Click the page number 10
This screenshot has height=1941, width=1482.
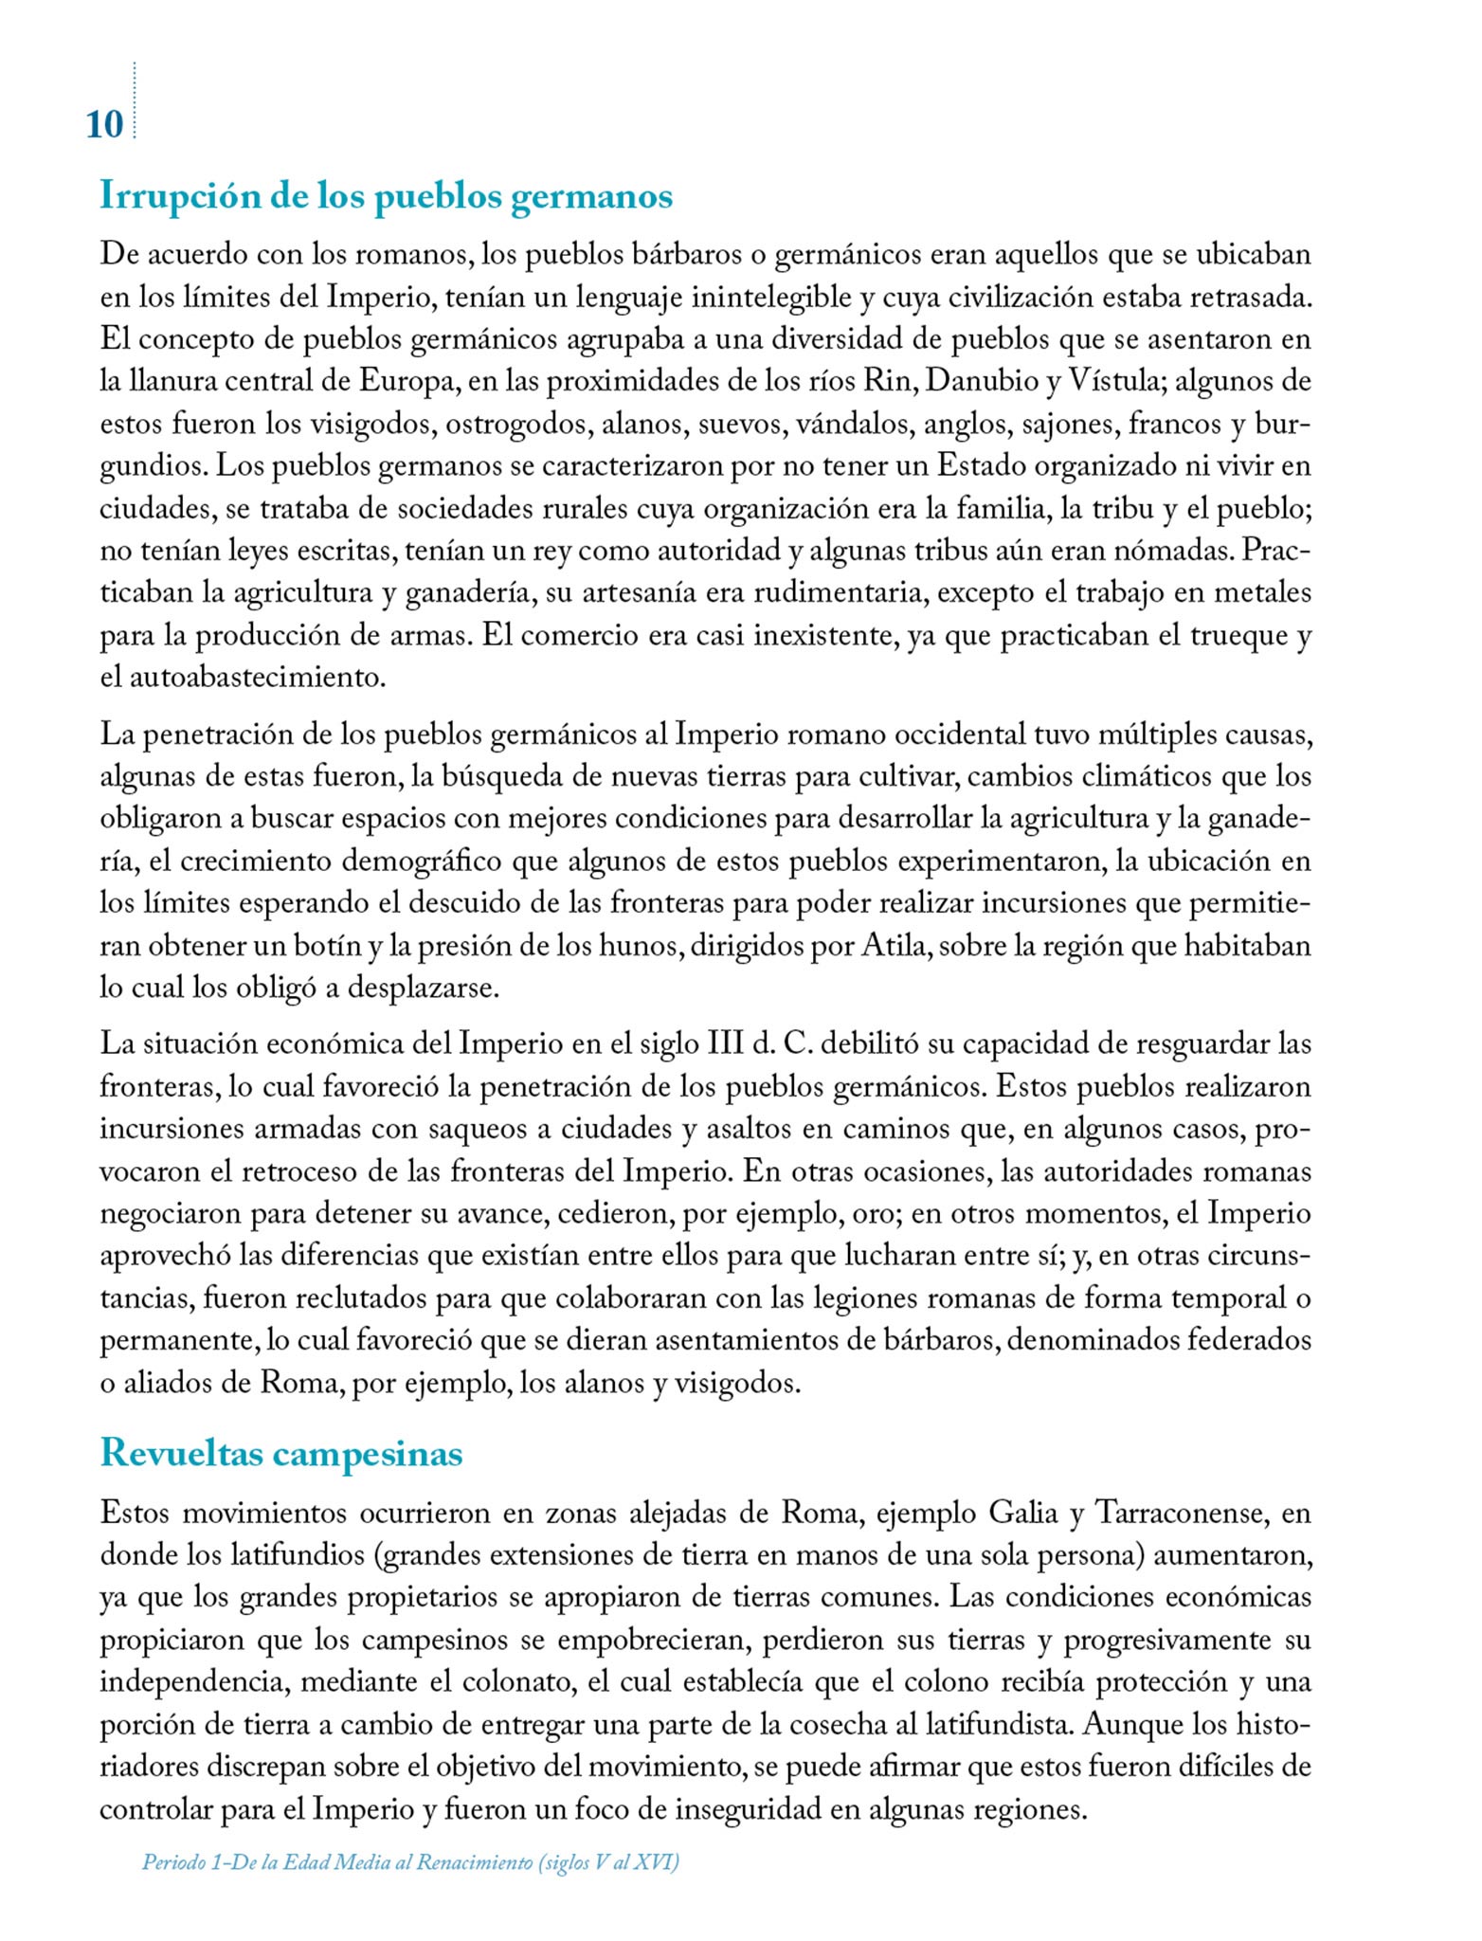tap(104, 125)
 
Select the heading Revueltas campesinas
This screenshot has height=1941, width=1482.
tap(281, 1453)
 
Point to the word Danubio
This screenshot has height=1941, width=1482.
tap(981, 381)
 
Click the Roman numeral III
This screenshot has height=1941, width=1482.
tap(725, 1044)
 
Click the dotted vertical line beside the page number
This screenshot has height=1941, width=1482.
tap(135, 100)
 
